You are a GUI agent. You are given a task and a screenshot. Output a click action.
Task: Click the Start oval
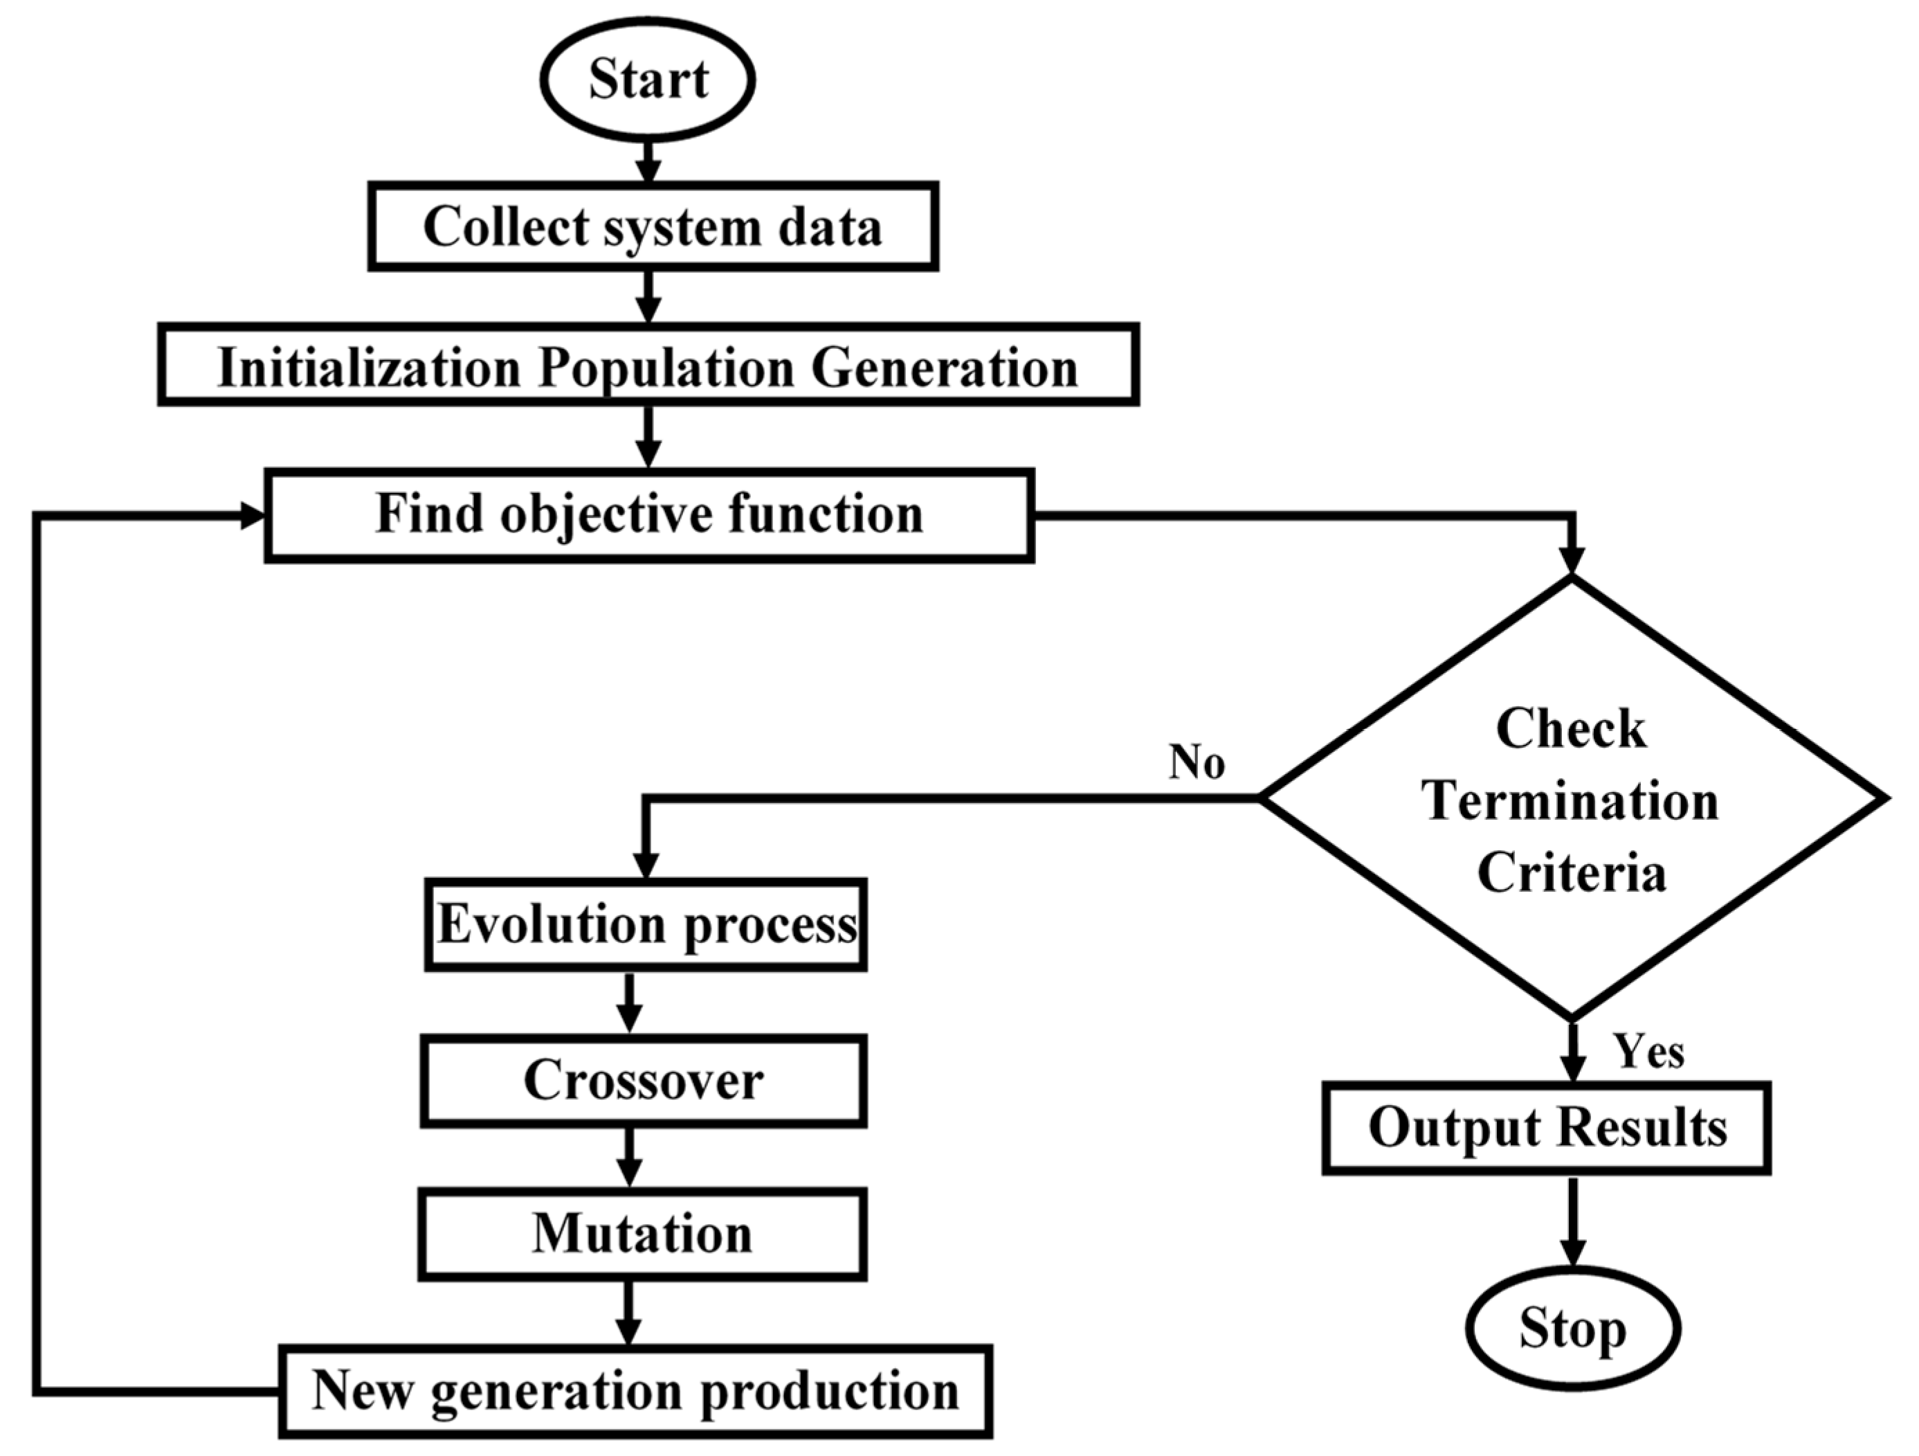[x=647, y=80]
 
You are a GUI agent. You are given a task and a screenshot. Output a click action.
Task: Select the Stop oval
[x=1573, y=1329]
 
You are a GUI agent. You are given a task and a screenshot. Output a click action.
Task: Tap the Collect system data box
[x=653, y=226]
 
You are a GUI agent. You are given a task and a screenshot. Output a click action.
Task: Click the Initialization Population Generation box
[x=647, y=366]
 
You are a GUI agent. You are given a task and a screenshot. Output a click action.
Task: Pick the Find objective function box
[x=649, y=515]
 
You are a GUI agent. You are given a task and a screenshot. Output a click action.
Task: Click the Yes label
[x=1648, y=1052]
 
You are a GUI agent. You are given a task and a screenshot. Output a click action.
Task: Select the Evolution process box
[x=646, y=925]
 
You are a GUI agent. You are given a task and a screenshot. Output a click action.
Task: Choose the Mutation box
[x=642, y=1234]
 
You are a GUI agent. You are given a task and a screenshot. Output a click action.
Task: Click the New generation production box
[x=635, y=1391]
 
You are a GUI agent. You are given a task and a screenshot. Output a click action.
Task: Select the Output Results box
[x=1547, y=1128]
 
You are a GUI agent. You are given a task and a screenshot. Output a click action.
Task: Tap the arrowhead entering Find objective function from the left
[x=252, y=516]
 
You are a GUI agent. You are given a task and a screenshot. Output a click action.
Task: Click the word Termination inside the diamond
[x=1570, y=800]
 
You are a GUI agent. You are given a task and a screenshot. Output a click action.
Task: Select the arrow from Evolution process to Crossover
[x=629, y=1003]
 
